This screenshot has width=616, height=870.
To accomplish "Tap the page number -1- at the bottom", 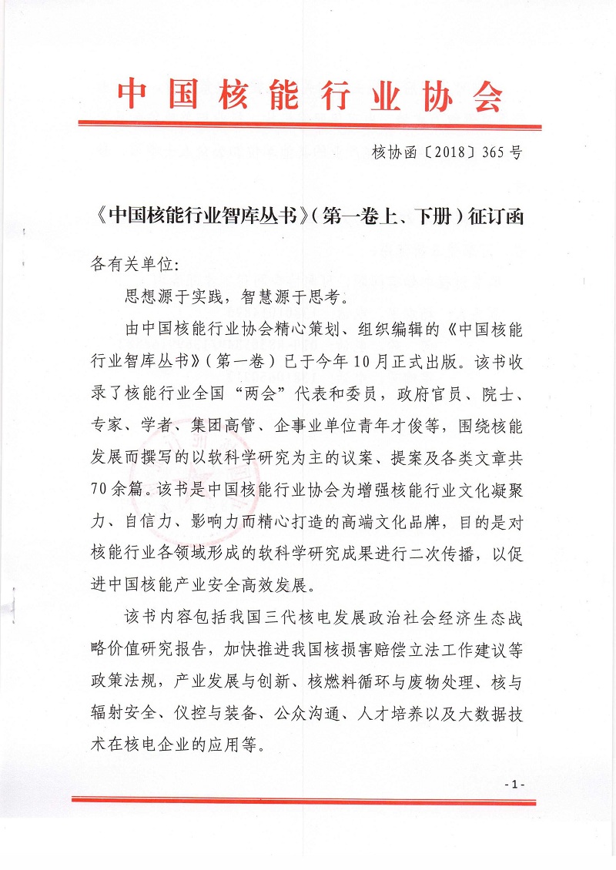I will (x=514, y=783).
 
